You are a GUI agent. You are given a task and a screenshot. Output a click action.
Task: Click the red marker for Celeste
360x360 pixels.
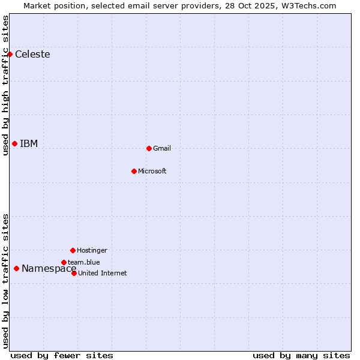click(10, 54)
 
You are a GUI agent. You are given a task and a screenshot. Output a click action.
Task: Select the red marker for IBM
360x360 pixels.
click(14, 143)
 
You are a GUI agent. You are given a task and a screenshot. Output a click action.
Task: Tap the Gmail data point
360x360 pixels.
click(149, 148)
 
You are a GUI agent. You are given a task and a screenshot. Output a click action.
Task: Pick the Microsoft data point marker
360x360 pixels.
click(134, 171)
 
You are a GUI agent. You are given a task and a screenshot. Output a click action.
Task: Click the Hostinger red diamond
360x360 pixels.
click(73, 250)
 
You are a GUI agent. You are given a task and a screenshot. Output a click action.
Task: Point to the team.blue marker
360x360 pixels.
click(64, 262)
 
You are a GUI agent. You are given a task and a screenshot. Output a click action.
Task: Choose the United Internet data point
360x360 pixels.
click(74, 273)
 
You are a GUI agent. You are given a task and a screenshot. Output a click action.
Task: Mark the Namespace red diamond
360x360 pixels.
click(16, 268)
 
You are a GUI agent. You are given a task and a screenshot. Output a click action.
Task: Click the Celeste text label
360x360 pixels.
click(32, 55)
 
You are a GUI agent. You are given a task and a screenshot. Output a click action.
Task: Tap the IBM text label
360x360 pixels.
click(29, 143)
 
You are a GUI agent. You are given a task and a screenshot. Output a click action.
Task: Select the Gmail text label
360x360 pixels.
click(162, 149)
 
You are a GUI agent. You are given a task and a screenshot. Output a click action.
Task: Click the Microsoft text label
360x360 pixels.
click(152, 172)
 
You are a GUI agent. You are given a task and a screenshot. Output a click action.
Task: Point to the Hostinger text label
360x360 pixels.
click(92, 251)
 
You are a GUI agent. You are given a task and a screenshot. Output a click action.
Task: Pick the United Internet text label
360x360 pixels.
click(102, 274)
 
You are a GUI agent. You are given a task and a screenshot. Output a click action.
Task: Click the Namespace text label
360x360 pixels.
click(49, 269)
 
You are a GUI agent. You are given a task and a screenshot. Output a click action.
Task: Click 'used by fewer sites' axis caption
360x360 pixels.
click(62, 355)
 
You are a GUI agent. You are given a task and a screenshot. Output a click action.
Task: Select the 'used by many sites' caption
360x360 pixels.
click(301, 355)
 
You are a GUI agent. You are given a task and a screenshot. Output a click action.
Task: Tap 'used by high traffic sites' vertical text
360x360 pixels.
click(5, 85)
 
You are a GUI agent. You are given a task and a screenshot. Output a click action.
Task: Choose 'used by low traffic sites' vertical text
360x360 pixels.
click(5, 281)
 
